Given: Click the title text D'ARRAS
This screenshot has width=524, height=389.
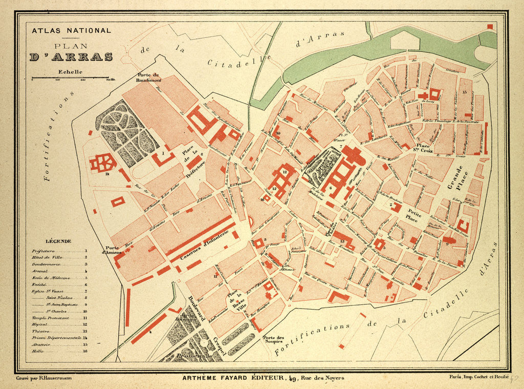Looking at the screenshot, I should point(71,56).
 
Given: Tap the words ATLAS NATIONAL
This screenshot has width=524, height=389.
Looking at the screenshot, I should point(71,30).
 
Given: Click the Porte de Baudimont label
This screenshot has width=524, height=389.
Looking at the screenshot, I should point(148,77).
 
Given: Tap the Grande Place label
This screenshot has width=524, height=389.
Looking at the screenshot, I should point(456,178).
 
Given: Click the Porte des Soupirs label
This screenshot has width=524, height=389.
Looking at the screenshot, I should point(273,339).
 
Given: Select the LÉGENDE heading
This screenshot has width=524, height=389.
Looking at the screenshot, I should point(58,241).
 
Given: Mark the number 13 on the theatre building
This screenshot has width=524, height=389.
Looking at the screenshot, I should point(342,241).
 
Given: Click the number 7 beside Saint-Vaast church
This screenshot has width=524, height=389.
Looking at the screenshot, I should point(341,147).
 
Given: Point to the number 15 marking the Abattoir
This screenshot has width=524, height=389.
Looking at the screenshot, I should point(464,92).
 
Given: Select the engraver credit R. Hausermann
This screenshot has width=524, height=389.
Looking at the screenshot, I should point(44,378).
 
